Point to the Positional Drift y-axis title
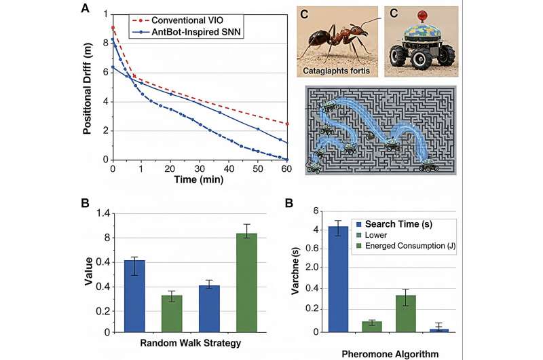(88, 88)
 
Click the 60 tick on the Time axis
(287, 168)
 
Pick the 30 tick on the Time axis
(200, 168)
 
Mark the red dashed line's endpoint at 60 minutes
(287, 124)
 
